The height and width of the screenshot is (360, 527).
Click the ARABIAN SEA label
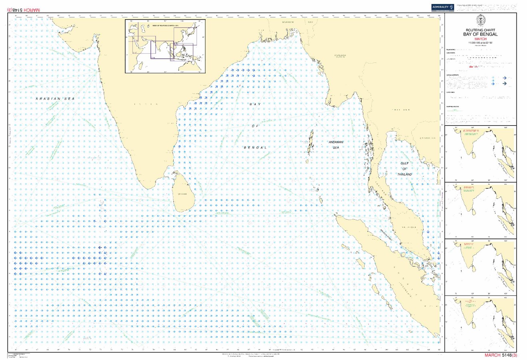pyautogui.click(x=55, y=98)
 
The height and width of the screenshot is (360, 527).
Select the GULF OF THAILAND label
pyautogui.click(x=405, y=169)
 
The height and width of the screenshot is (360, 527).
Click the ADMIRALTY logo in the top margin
pyautogui.click(x=442, y=7)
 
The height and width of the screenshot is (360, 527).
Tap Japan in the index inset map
pyautogui.click(x=195, y=30)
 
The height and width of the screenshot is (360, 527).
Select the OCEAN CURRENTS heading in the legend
pyautogui.click(x=454, y=75)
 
